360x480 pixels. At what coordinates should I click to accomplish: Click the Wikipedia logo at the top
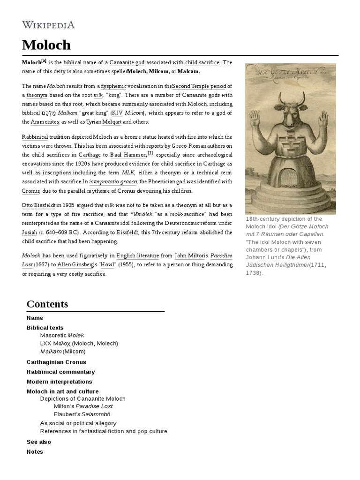(48, 24)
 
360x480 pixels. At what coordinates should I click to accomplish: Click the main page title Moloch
(46, 45)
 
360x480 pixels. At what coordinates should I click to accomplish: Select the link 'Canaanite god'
(127, 62)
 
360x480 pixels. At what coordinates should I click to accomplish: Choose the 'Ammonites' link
(45, 122)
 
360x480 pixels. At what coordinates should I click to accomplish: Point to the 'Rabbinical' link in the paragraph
(35, 137)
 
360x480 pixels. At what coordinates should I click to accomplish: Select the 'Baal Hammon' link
(128, 155)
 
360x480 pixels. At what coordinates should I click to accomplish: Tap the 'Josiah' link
(29, 232)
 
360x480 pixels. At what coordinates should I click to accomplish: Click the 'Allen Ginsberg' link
(73, 265)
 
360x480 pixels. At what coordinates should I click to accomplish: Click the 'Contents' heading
(47, 304)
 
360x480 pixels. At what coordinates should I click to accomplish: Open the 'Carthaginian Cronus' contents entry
(56, 362)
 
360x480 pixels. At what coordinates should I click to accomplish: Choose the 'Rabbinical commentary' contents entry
(60, 372)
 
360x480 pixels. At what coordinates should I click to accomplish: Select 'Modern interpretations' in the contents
(59, 382)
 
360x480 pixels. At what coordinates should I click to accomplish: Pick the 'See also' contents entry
(39, 442)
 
